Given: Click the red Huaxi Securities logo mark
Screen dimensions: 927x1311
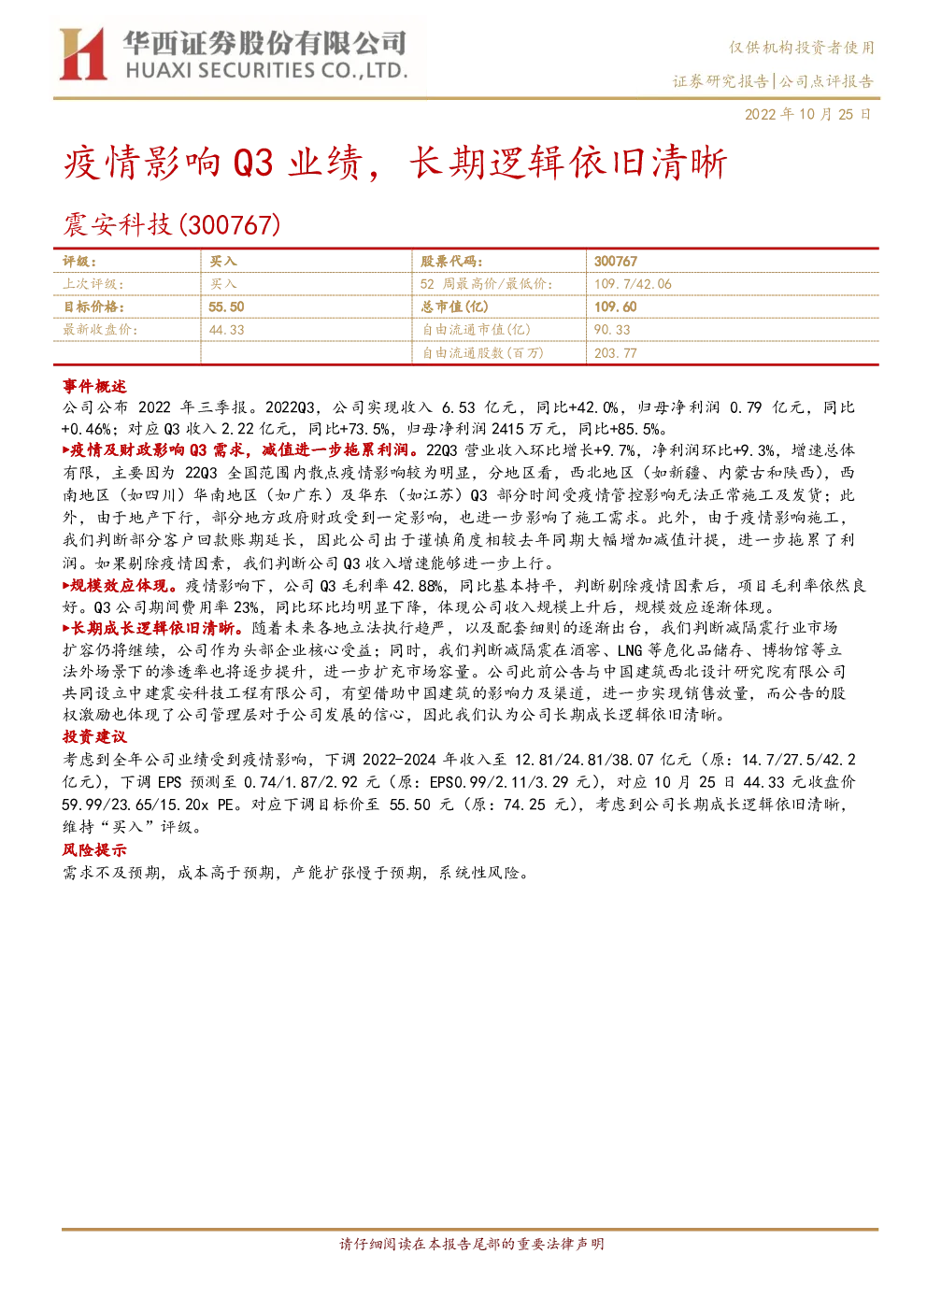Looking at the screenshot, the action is [x=82, y=54].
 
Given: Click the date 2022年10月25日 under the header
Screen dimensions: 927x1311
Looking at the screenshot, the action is [x=807, y=114].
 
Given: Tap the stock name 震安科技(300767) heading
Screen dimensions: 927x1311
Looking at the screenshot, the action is [x=172, y=225].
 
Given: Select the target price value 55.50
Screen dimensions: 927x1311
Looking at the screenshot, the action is [x=226, y=306].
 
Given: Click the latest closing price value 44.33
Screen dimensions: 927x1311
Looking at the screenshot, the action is [x=226, y=330].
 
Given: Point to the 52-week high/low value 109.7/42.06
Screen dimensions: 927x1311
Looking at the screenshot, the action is [x=633, y=284].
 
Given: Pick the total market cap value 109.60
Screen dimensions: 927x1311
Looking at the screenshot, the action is [x=615, y=306].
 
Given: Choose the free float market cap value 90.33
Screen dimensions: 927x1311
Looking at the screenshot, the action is [x=612, y=330].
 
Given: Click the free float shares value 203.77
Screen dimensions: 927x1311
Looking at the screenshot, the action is [x=615, y=353].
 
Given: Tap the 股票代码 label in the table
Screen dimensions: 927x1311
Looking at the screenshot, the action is [x=451, y=261].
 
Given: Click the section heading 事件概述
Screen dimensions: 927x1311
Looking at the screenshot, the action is [x=94, y=386].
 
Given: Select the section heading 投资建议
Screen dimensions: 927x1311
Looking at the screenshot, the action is [x=94, y=737].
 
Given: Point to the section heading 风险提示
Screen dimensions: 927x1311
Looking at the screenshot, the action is [x=94, y=849].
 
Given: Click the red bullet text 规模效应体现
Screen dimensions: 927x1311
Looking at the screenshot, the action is [x=120, y=585].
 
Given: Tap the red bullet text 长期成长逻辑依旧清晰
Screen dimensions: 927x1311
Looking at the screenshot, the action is [x=152, y=628].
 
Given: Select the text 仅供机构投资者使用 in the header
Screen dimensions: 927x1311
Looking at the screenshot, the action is [x=801, y=48].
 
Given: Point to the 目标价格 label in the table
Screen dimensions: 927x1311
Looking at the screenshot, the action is [x=93, y=306].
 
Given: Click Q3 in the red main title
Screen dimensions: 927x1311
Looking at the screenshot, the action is [x=253, y=163].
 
